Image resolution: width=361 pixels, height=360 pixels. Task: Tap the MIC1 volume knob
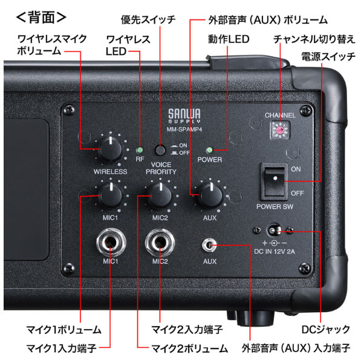click(x=110, y=195)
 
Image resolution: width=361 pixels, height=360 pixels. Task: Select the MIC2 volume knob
click(x=160, y=195)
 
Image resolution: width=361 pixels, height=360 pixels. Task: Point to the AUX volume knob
click(x=209, y=195)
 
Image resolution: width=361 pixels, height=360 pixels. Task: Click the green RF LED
click(x=139, y=150)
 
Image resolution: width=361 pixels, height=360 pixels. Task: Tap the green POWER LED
click(x=209, y=150)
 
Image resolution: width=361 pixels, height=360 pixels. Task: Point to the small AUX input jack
click(x=209, y=246)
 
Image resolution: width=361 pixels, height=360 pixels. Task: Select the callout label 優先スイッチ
click(x=149, y=20)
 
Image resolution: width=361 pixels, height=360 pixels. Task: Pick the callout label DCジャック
click(x=325, y=330)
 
